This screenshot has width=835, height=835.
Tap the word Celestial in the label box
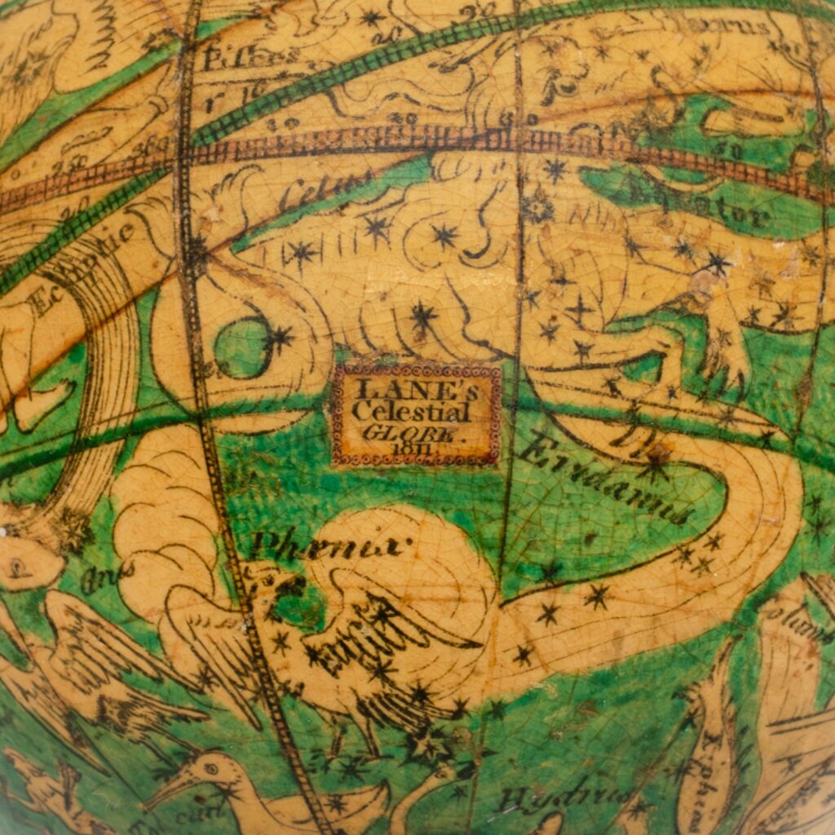[410, 411]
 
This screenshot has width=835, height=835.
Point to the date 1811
[413, 448]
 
